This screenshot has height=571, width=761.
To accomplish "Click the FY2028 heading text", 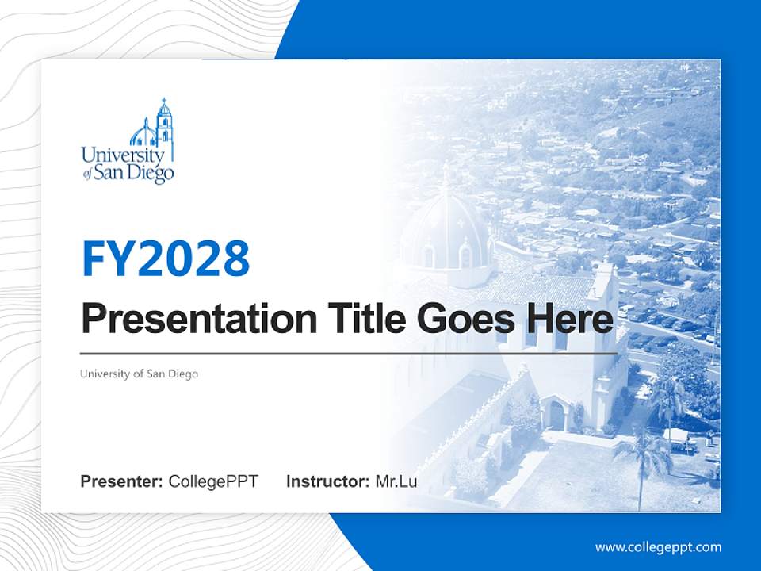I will tap(166, 259).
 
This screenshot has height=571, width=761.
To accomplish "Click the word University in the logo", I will tap(123, 155).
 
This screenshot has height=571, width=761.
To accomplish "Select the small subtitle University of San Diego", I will tap(139, 374).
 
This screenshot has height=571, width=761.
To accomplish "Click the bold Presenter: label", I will tap(122, 481).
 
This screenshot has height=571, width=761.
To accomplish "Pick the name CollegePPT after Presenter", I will tap(213, 481).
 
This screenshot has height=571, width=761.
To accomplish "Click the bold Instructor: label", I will tap(327, 481).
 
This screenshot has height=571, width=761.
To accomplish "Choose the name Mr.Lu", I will tap(396, 481).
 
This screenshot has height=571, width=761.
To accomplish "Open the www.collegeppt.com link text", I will tap(658, 546).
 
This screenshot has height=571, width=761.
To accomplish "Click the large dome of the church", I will tap(446, 230).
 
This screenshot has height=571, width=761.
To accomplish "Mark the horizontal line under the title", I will tap(349, 353).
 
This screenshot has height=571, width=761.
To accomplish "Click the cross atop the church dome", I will tap(446, 171).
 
